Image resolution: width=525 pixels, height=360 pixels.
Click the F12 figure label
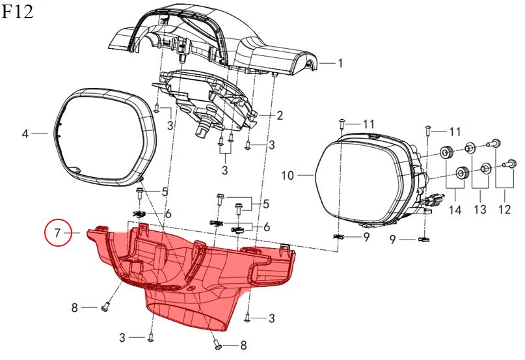(x=18, y=12)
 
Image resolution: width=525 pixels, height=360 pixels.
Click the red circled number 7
(x=58, y=232)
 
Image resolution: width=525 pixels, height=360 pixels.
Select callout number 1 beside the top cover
(x=340, y=63)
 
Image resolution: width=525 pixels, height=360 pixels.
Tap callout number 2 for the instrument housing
(x=280, y=116)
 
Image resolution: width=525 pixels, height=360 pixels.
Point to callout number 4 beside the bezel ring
(x=25, y=133)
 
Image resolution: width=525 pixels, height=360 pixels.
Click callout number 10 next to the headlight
(x=288, y=175)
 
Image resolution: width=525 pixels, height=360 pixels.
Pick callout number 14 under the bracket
(x=455, y=210)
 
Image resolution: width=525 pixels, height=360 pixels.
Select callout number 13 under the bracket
(x=480, y=209)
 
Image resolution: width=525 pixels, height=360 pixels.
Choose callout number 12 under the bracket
(x=505, y=209)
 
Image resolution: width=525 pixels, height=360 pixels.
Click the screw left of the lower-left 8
(x=105, y=307)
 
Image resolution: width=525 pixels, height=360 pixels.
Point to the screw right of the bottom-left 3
(x=151, y=337)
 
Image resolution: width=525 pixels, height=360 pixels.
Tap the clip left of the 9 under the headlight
(x=339, y=237)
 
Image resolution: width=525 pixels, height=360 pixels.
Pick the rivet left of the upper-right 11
(x=427, y=130)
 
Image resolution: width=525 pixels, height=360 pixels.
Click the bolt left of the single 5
(x=139, y=193)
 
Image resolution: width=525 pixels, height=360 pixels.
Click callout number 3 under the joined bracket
(x=224, y=170)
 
